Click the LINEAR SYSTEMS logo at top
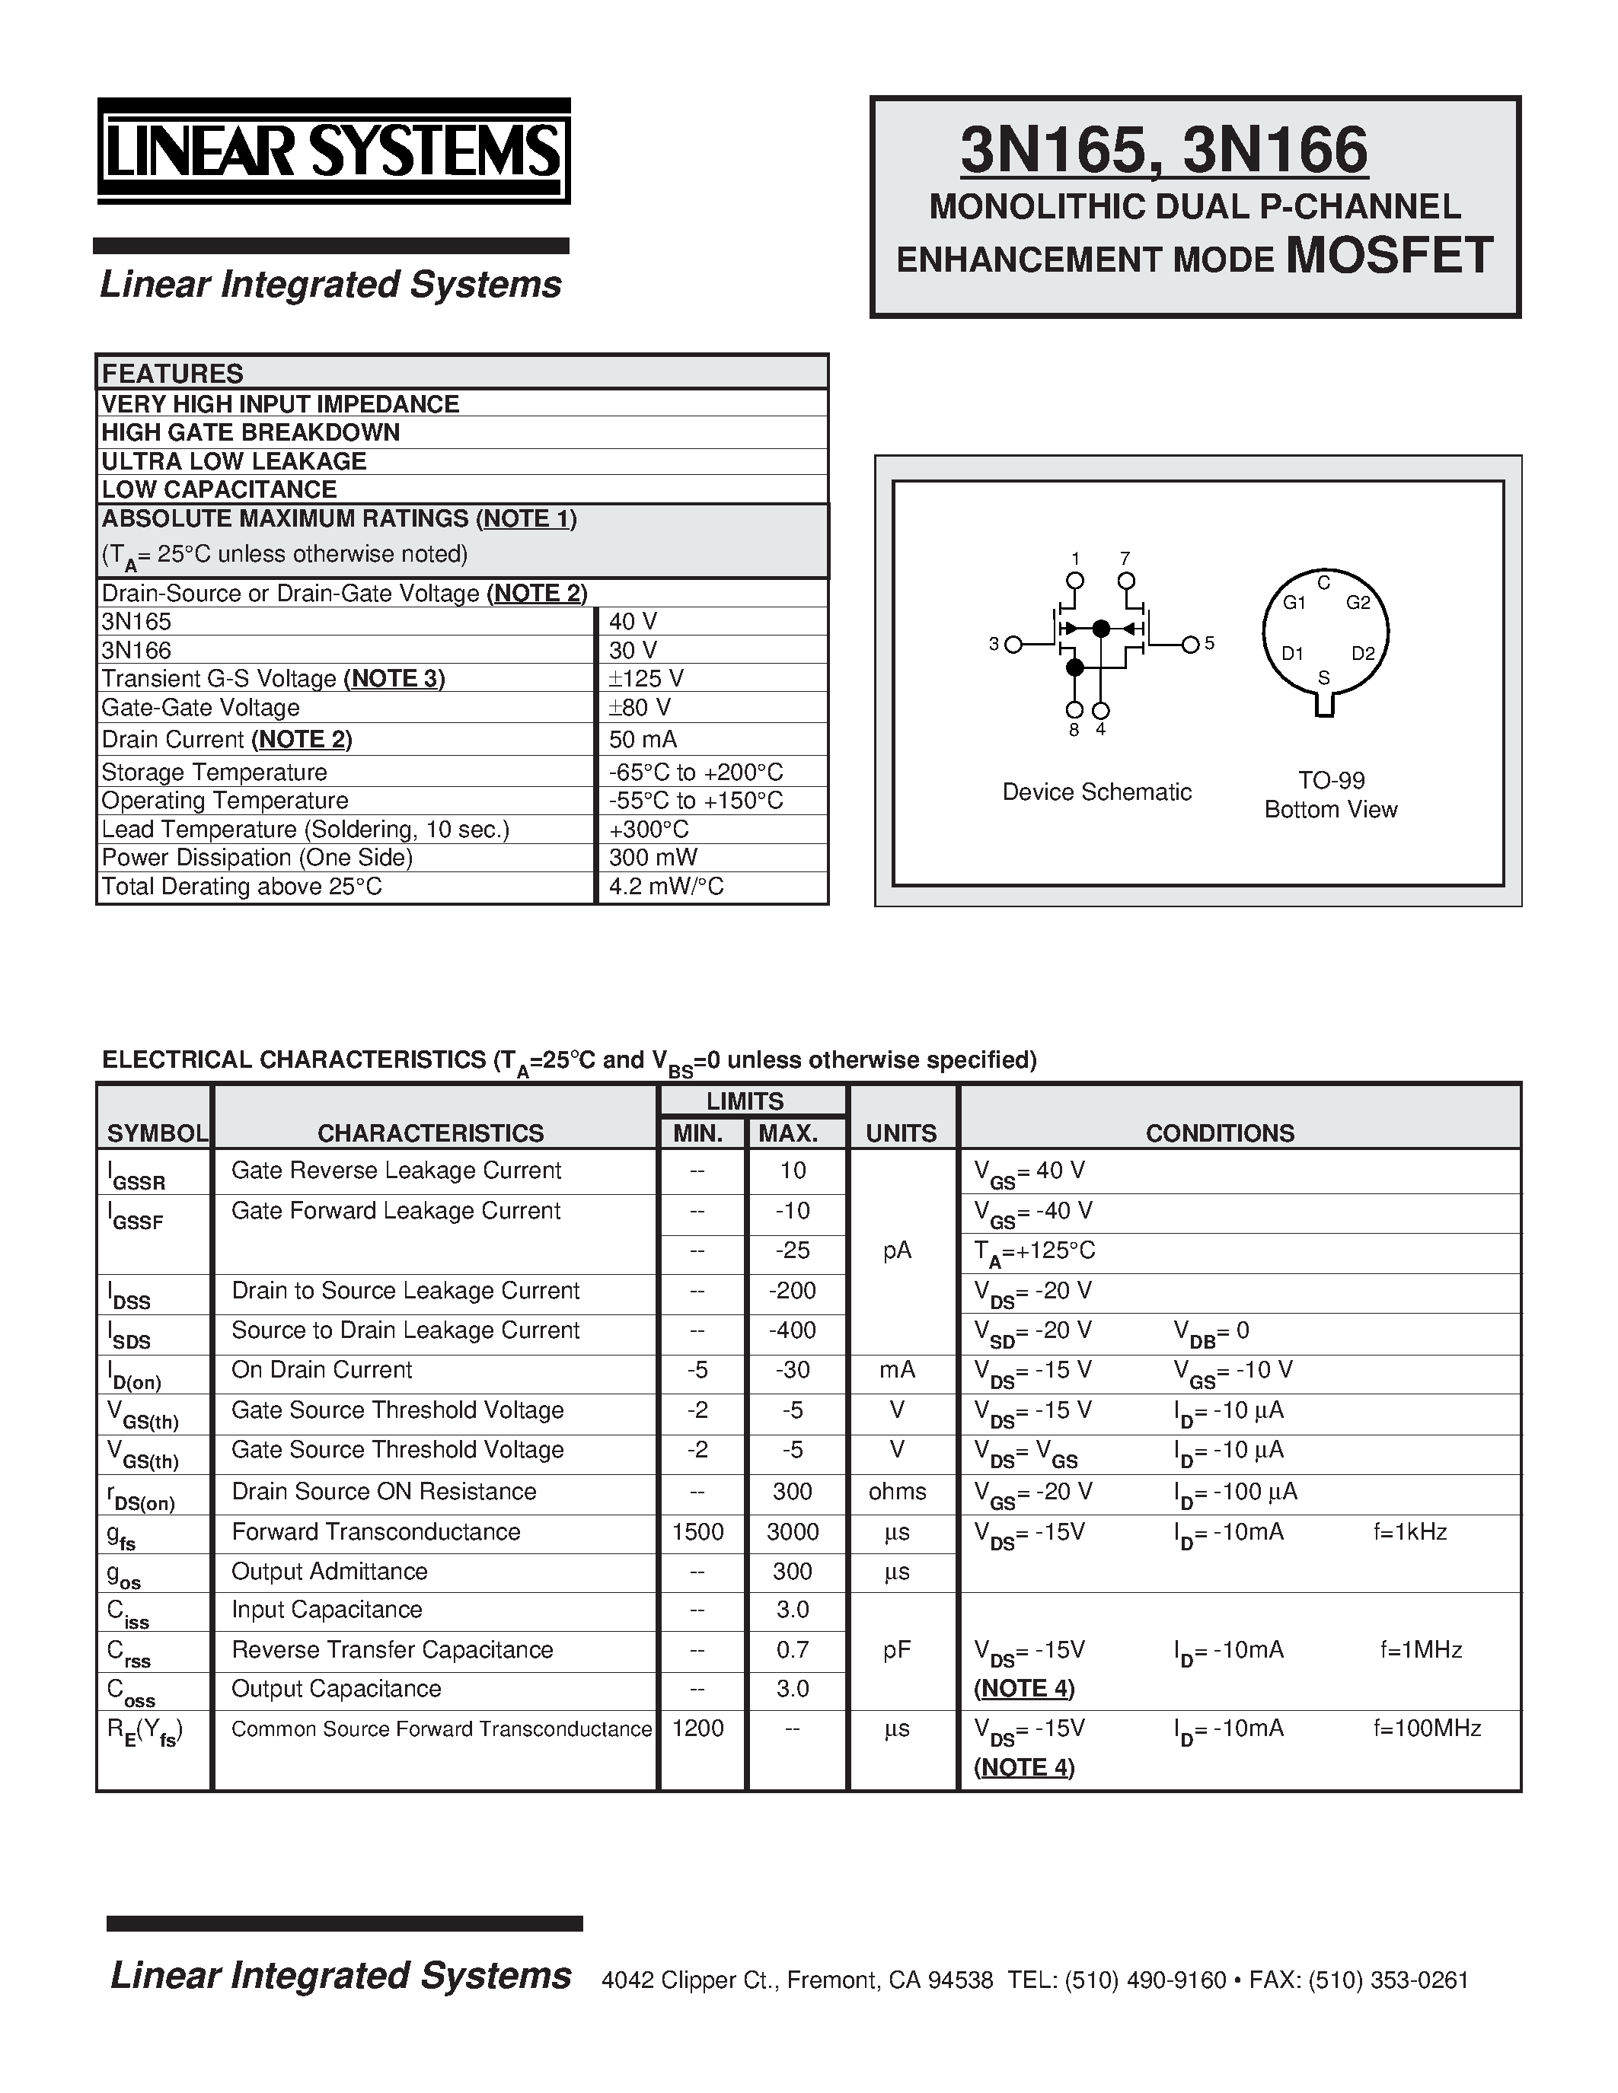333,151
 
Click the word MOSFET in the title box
1389,256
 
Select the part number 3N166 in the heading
1275,151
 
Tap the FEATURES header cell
173,373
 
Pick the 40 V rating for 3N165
633,621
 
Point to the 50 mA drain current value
642,739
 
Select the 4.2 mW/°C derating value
666,887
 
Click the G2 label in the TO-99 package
1358,603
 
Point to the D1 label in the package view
1293,654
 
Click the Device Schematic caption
1096,792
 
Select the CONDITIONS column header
1219,1133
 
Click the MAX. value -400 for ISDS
793,1330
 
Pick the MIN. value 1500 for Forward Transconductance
697,1531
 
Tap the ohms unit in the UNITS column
897,1491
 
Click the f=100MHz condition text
1426,1728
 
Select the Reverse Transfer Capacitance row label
392,1649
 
